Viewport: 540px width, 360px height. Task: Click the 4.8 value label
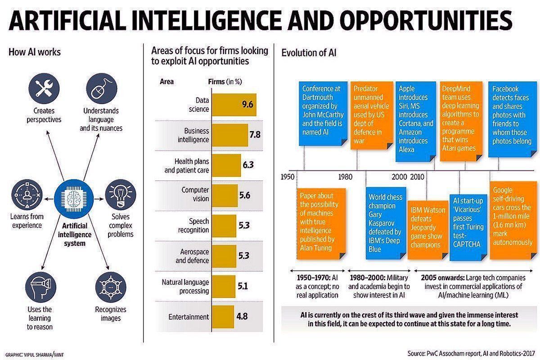coord(242,317)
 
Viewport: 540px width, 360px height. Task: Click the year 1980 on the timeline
coord(345,177)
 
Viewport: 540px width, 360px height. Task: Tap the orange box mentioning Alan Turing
coord(321,223)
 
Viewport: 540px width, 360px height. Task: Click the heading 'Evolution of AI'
coord(309,53)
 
